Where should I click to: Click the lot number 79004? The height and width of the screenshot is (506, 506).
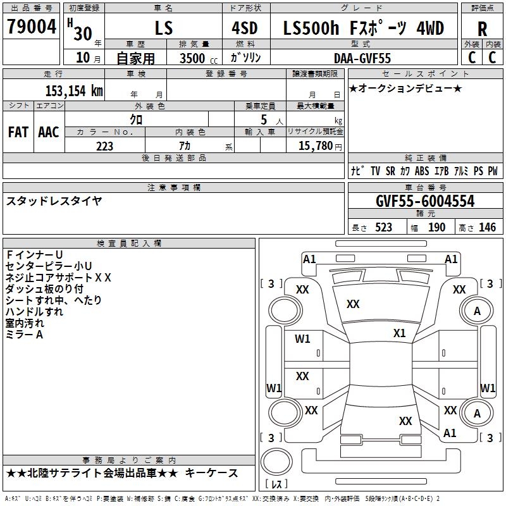click(x=32, y=27)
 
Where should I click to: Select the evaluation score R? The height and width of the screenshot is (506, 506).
click(x=482, y=29)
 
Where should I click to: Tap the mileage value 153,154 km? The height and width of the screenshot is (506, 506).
click(x=74, y=90)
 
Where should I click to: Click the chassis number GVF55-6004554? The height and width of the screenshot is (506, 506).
click(x=425, y=201)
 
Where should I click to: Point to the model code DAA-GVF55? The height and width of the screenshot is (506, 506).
click(x=362, y=58)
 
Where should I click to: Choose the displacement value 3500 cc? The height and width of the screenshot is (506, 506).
click(x=199, y=58)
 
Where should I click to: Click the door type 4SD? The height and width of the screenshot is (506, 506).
click(x=245, y=28)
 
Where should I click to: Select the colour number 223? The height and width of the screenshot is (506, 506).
click(x=104, y=146)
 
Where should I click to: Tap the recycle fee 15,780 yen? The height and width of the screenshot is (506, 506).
click(x=320, y=146)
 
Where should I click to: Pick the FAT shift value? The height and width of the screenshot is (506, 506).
click(x=18, y=132)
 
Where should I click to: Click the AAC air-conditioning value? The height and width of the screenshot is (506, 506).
click(x=49, y=132)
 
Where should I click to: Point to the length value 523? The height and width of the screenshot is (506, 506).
click(x=383, y=227)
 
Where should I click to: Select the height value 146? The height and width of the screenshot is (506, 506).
click(x=487, y=227)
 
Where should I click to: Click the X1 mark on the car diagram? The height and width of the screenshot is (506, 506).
click(x=399, y=333)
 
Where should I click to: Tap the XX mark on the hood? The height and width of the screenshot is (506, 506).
click(x=353, y=304)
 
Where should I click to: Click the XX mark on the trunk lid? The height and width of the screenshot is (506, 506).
click(x=405, y=421)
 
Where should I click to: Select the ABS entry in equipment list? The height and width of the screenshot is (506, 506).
click(x=422, y=171)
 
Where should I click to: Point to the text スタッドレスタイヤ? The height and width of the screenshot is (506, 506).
click(x=54, y=201)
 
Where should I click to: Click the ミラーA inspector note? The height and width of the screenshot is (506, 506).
click(x=24, y=335)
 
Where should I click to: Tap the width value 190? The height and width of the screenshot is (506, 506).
click(x=436, y=227)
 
